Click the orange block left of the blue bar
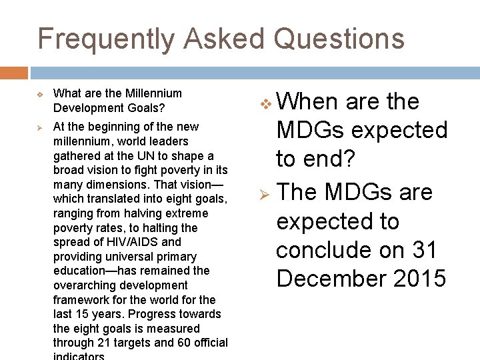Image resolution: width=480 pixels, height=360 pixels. click(14, 73)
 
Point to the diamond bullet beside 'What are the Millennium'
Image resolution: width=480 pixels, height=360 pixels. click(39, 95)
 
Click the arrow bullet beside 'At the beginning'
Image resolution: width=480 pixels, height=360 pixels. click(39, 127)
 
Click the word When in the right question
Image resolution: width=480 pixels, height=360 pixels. click(307, 102)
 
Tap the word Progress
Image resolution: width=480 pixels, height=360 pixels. click(151, 314)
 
